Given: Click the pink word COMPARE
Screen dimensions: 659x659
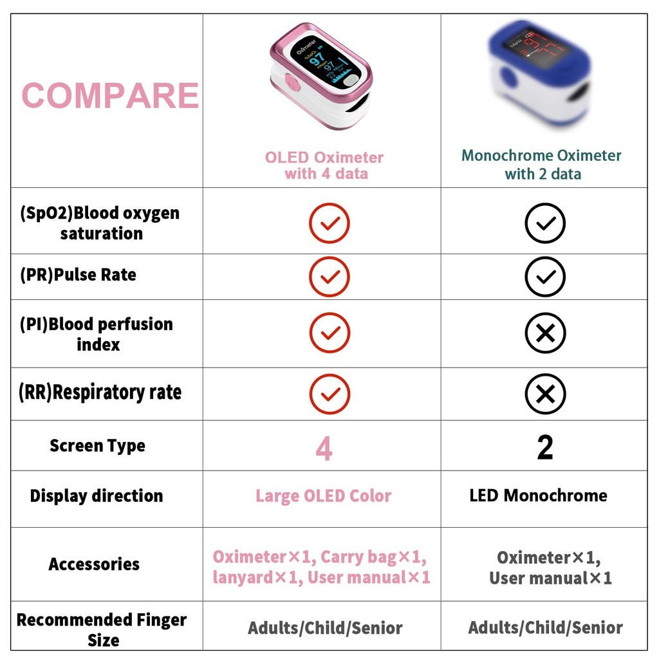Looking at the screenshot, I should click(x=110, y=96).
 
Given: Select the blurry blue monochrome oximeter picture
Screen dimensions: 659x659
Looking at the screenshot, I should click(x=539, y=75).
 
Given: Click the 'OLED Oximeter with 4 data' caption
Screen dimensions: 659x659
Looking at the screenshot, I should click(x=324, y=165).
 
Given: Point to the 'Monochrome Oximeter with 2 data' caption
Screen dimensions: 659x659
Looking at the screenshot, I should click(x=542, y=165).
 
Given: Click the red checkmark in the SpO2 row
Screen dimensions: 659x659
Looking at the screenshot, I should click(x=329, y=223).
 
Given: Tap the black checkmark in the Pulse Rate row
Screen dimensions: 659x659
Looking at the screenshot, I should click(x=544, y=277).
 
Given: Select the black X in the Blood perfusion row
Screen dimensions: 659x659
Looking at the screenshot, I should click(x=544, y=333).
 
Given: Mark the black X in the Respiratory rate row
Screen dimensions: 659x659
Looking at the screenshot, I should click(x=544, y=394).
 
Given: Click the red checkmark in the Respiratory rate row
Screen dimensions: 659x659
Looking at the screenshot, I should click(x=329, y=394).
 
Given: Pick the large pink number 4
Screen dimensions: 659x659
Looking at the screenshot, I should click(x=324, y=449).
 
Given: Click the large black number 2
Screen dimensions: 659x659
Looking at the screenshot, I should click(x=544, y=447).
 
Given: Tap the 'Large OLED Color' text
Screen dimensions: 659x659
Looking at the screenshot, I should click(x=323, y=496).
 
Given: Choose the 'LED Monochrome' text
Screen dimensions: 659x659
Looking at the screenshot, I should click(x=538, y=496).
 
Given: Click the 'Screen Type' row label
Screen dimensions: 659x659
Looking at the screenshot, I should click(x=97, y=446).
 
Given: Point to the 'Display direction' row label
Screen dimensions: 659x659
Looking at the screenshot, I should click(x=97, y=496).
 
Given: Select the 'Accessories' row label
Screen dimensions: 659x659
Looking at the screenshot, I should click(x=94, y=564).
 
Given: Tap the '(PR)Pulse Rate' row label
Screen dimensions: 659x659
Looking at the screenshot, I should click(x=78, y=275).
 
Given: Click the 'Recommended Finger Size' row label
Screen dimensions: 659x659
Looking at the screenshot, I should click(x=102, y=629).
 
